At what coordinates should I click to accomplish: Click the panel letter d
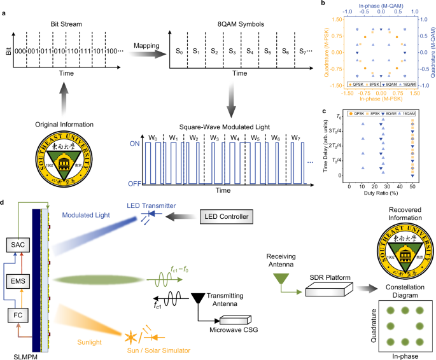click(5, 204)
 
